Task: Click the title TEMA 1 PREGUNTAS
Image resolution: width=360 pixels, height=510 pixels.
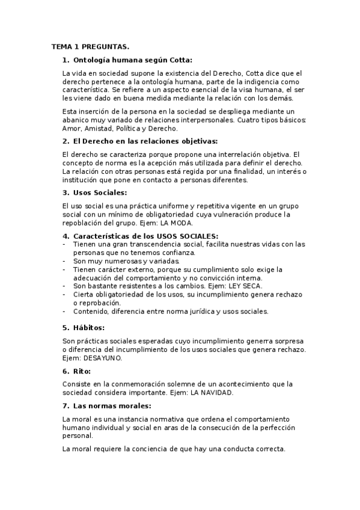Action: [x=90, y=46]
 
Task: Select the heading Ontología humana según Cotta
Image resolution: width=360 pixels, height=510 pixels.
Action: [x=132, y=60]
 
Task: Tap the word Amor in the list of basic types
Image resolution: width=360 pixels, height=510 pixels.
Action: [x=72, y=128]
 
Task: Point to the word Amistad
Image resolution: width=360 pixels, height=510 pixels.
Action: [x=99, y=128]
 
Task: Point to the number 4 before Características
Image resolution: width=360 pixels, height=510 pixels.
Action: [x=65, y=236]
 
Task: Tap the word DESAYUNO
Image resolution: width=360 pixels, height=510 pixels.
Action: [x=103, y=358]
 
